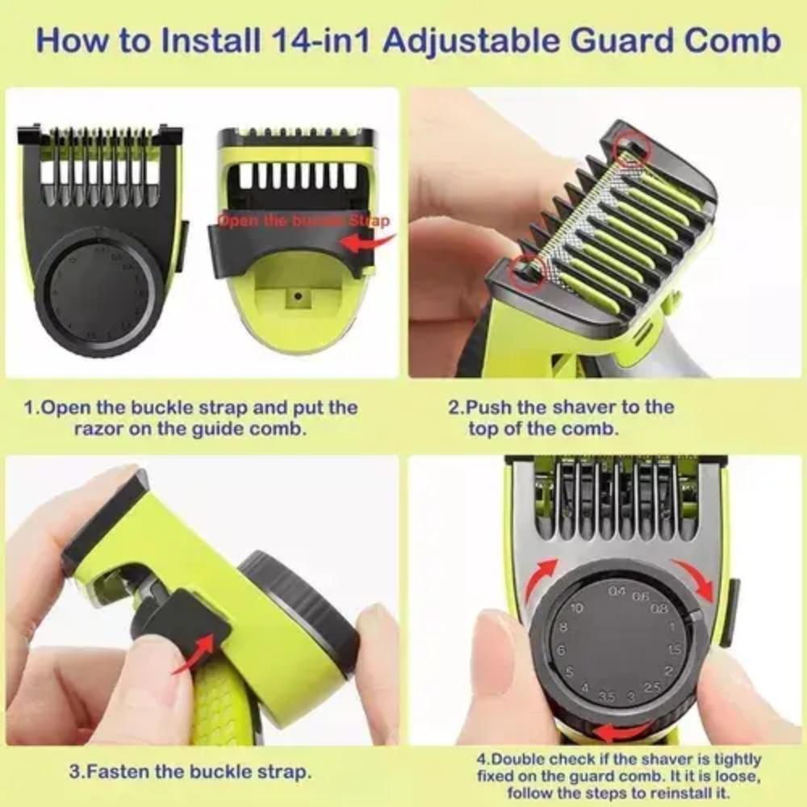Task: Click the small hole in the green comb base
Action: point(298,296)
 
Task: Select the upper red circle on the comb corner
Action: point(632,148)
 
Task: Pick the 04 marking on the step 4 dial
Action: point(617,592)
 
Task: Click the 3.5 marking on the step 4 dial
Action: point(608,696)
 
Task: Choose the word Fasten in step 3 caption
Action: point(116,771)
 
